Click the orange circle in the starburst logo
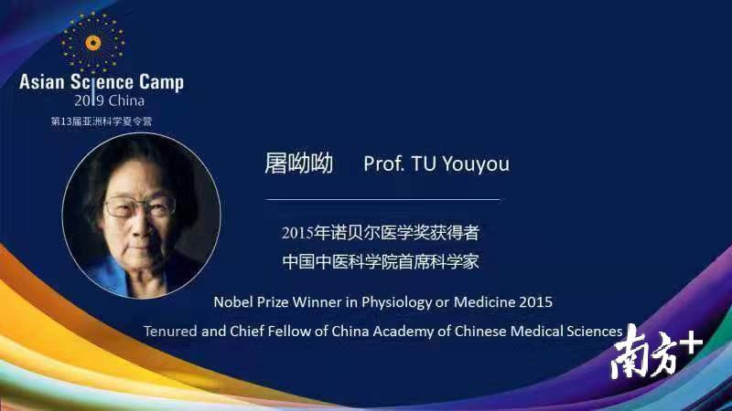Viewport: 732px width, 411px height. (93, 43)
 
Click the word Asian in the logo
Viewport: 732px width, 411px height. (41, 82)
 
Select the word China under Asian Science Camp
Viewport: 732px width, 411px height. (126, 100)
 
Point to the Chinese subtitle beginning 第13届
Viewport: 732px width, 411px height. (102, 121)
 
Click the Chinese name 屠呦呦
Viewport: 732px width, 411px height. (299, 163)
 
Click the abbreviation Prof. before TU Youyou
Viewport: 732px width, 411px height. (383, 163)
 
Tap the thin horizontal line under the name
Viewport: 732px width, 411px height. (382, 199)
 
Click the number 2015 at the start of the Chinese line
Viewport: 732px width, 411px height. (296, 233)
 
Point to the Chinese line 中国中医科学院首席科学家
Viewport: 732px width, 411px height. (381, 261)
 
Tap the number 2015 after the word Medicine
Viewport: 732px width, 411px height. (536, 302)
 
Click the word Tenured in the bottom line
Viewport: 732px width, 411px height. (170, 331)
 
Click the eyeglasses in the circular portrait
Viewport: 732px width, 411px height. (140, 207)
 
